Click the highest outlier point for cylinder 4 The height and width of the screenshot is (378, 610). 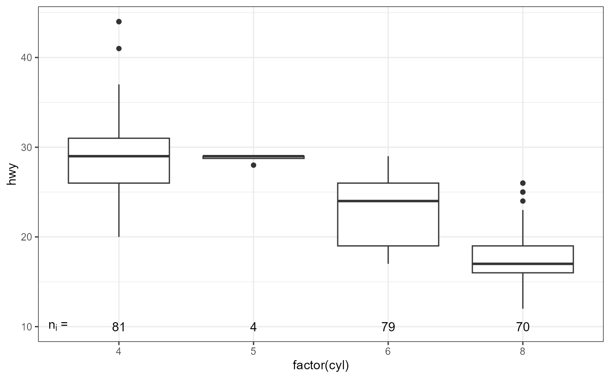(119, 21)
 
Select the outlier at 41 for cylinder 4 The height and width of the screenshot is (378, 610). (119, 48)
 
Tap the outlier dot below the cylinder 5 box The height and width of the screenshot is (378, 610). (254, 165)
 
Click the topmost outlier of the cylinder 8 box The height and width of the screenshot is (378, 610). (523, 183)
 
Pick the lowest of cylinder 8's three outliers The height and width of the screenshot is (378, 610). (523, 201)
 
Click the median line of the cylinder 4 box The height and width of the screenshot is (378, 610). (119, 156)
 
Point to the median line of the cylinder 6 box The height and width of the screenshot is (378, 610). (388, 201)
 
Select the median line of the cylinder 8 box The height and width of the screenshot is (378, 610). (523, 264)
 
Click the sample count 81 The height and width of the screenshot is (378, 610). (119, 327)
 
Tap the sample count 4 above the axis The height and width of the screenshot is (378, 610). (254, 327)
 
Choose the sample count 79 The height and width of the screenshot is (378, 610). (388, 327)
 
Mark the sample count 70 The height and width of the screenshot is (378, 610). (523, 327)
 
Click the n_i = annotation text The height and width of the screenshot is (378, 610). (58, 325)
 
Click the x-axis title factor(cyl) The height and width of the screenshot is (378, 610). (321, 366)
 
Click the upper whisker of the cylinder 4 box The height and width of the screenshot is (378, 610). (119, 111)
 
